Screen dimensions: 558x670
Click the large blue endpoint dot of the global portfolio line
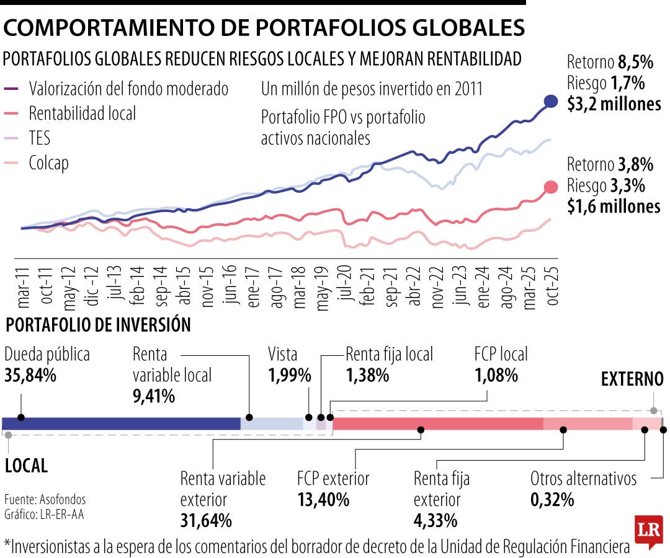(550, 102)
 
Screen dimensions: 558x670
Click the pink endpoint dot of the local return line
(550, 188)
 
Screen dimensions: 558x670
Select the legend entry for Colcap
(48, 163)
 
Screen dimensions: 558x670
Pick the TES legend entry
(40, 138)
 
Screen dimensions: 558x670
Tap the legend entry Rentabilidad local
(82, 113)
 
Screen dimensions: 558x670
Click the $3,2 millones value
(614, 104)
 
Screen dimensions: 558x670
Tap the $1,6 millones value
(614, 206)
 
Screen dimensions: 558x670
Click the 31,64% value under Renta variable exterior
(206, 520)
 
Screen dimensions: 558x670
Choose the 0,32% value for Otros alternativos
(552, 499)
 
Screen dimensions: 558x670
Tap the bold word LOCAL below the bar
(26, 466)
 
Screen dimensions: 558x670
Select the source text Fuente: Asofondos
(45, 500)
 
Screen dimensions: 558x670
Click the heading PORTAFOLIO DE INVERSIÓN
(98, 325)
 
